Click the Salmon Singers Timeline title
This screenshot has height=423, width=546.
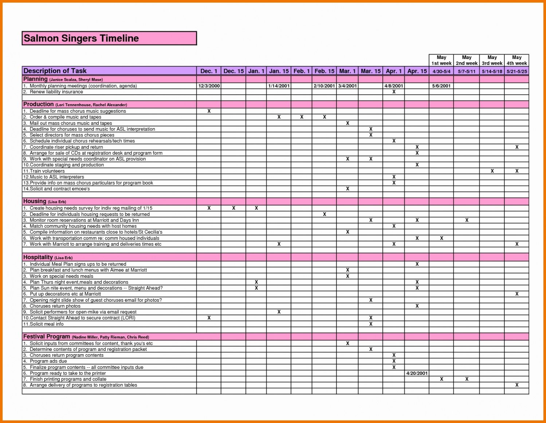tap(81, 38)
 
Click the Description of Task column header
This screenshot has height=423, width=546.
tap(55, 71)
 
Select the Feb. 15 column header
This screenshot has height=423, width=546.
tap(324, 71)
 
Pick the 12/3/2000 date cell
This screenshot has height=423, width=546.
tap(209, 86)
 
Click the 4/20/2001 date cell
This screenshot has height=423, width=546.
tap(417, 373)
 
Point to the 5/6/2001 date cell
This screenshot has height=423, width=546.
tap(441, 86)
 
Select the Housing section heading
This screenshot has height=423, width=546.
tap(35, 201)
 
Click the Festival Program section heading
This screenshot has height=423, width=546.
tap(47, 337)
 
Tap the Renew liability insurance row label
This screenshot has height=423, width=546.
tap(56, 92)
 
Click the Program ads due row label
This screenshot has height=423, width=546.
tap(48, 361)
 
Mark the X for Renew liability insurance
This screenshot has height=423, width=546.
tap(394, 92)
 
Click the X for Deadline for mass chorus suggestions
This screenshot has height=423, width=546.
tap(209, 111)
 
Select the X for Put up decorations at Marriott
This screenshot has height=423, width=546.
tap(516, 294)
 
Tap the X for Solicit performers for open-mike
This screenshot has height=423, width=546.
tap(279, 312)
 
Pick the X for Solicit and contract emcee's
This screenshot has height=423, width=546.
tap(347, 189)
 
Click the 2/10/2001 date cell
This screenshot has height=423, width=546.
tap(324, 86)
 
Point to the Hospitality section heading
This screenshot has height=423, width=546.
tap(38, 257)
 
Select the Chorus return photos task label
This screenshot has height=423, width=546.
tap(55, 306)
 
